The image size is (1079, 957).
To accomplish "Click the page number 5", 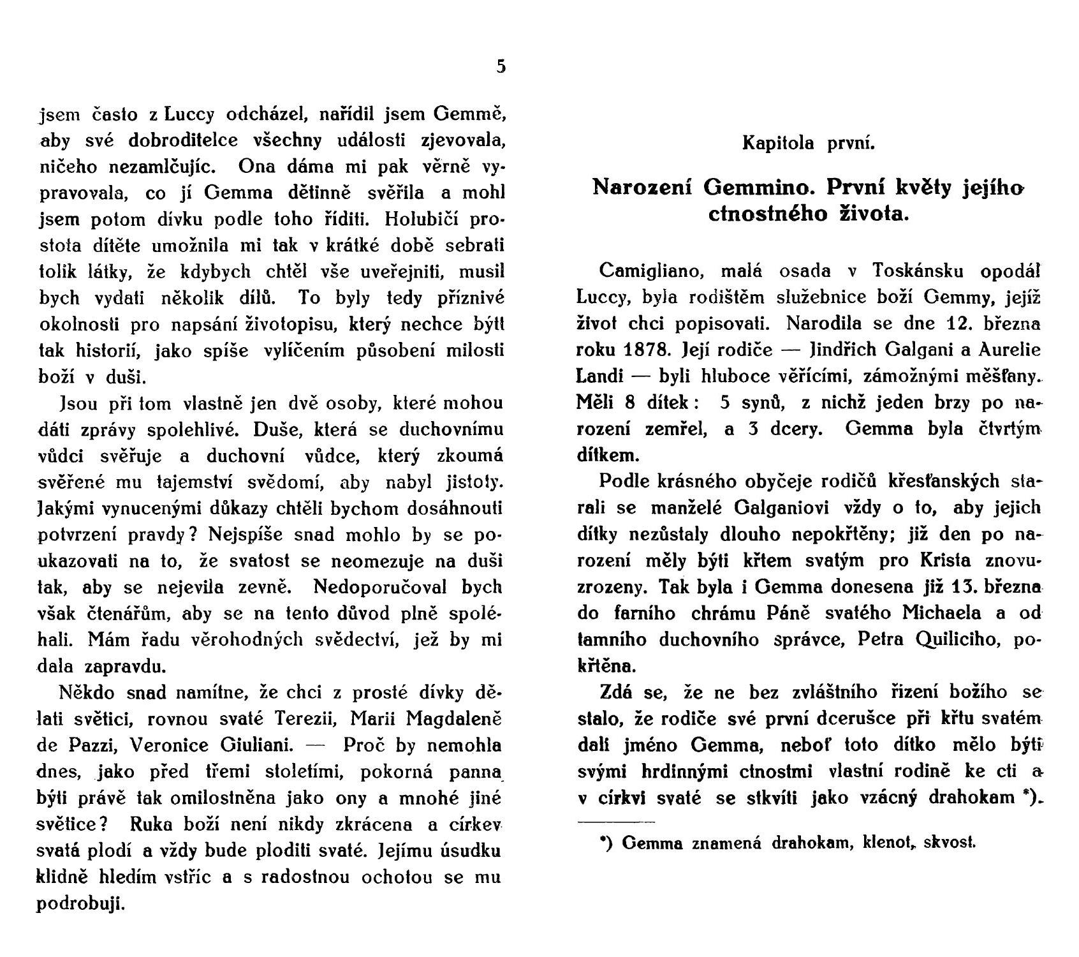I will tap(501, 66).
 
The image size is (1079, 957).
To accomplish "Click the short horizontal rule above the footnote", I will tap(616, 821).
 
